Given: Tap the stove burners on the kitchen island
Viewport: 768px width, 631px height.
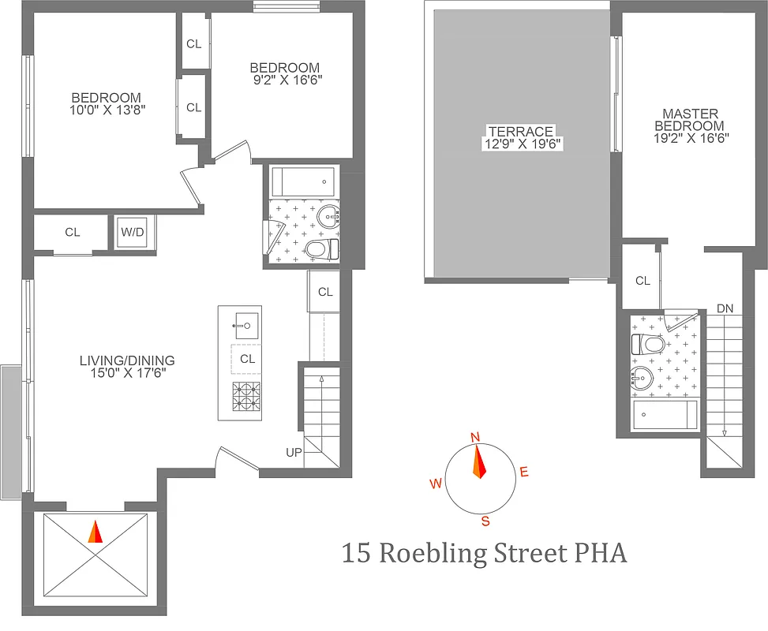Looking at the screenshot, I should [x=246, y=395].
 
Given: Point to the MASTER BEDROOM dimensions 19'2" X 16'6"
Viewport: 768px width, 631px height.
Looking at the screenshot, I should [x=692, y=137].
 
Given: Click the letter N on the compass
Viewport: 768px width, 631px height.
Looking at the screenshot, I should [x=475, y=438].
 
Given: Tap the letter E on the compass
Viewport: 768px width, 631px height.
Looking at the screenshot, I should [x=523, y=472].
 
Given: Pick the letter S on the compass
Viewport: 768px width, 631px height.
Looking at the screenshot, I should [x=485, y=521].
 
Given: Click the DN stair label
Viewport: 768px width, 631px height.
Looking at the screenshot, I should [x=725, y=308].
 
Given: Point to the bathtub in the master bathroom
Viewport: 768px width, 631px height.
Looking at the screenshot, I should [x=665, y=414].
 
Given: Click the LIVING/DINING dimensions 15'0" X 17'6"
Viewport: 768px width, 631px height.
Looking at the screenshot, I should [x=126, y=374].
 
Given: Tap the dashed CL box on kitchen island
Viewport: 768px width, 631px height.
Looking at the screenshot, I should [x=247, y=359].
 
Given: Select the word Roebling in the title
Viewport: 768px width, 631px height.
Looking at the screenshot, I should [x=431, y=553].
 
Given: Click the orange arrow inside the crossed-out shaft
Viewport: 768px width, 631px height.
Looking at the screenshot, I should [x=95, y=532].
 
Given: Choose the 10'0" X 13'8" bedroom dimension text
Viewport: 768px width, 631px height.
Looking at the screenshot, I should [x=107, y=110].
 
